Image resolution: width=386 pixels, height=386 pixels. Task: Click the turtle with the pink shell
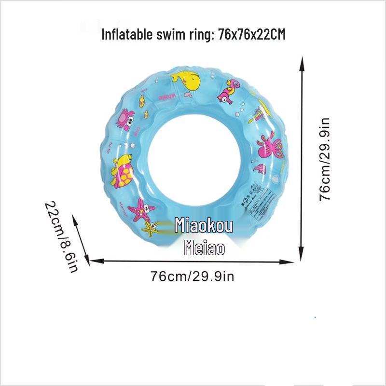(122, 170)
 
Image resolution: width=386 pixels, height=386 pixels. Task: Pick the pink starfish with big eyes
(142, 209)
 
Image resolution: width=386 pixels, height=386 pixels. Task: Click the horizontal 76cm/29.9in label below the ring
(192, 276)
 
